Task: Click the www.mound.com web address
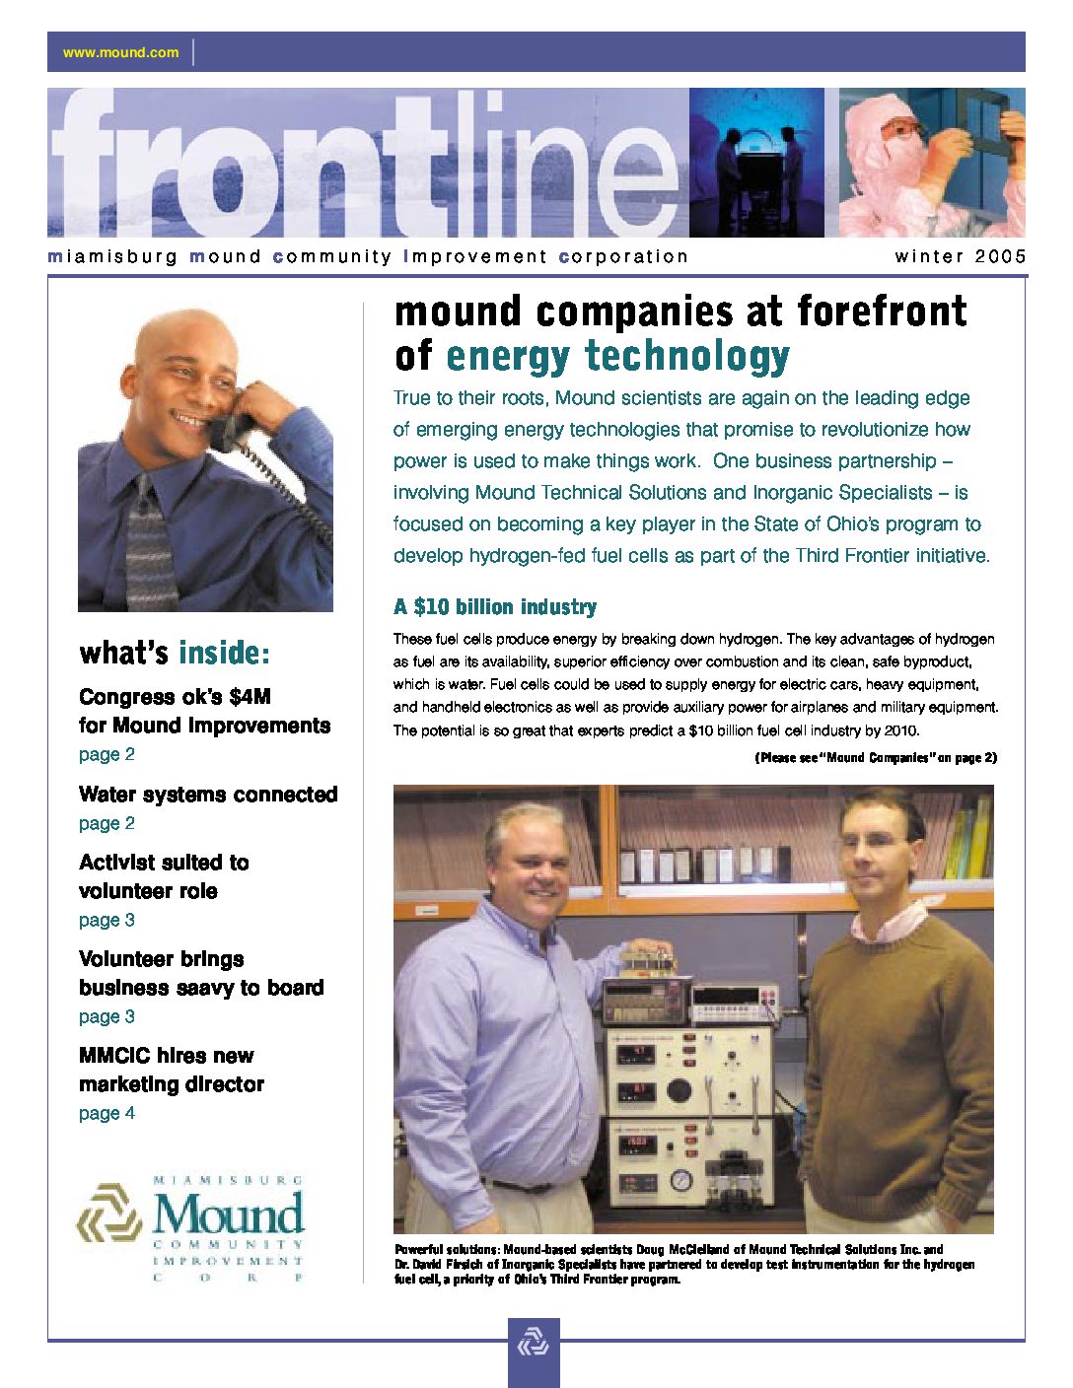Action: click(120, 52)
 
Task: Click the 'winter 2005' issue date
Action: click(960, 256)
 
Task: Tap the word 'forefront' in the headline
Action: click(882, 312)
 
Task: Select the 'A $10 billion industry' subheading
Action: click(494, 607)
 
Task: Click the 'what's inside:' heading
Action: click(174, 653)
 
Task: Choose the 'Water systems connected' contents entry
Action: click(208, 795)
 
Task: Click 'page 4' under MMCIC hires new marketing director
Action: click(107, 1113)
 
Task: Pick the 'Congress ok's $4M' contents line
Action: click(175, 697)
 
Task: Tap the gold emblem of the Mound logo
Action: click(108, 1214)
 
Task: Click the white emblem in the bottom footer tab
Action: click(534, 1343)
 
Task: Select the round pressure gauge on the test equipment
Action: click(680, 1180)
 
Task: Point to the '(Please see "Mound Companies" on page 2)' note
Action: click(876, 758)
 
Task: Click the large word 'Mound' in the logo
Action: click(228, 1214)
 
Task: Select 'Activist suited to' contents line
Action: click(164, 863)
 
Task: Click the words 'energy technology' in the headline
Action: click(617, 356)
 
